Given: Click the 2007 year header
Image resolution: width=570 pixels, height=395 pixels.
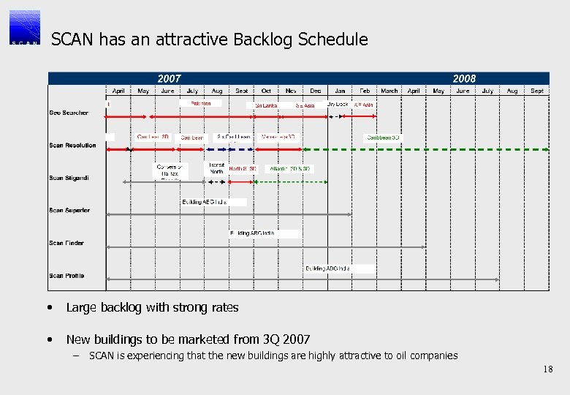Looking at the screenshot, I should tap(170, 78).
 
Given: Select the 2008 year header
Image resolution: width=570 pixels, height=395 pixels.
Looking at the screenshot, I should tap(464, 78).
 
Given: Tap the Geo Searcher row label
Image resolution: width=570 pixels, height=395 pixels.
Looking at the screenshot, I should tap(69, 113).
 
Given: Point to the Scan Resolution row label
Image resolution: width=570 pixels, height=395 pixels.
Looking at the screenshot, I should tap(72, 146).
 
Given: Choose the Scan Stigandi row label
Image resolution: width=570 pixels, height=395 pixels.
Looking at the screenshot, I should tap(69, 178).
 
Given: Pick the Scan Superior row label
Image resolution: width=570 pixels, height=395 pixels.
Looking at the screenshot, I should tap(70, 211).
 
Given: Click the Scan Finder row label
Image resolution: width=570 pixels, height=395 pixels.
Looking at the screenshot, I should tap(66, 243).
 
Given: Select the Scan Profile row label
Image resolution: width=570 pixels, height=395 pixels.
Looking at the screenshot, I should tap(66, 276).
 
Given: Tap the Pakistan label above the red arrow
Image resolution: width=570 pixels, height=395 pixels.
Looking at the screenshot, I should tap(201, 104).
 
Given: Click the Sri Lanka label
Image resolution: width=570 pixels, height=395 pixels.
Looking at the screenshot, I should tap(266, 105).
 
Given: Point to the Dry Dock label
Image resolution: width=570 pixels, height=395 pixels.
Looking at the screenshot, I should tap(338, 105).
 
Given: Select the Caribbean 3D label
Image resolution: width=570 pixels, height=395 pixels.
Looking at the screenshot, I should tap(384, 138).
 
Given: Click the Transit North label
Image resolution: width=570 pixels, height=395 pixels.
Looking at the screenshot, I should tap(216, 168).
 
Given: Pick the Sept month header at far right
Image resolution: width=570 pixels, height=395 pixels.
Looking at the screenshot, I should tap(537, 91).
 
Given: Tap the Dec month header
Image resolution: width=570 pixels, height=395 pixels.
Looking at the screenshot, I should tap(315, 91).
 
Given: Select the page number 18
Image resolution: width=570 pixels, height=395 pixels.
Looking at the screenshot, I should tap(548, 370).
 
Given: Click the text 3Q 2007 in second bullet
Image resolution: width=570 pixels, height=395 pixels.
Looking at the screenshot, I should tap(286, 339).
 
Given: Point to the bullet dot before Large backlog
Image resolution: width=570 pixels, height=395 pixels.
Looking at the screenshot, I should tap(47, 308).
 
